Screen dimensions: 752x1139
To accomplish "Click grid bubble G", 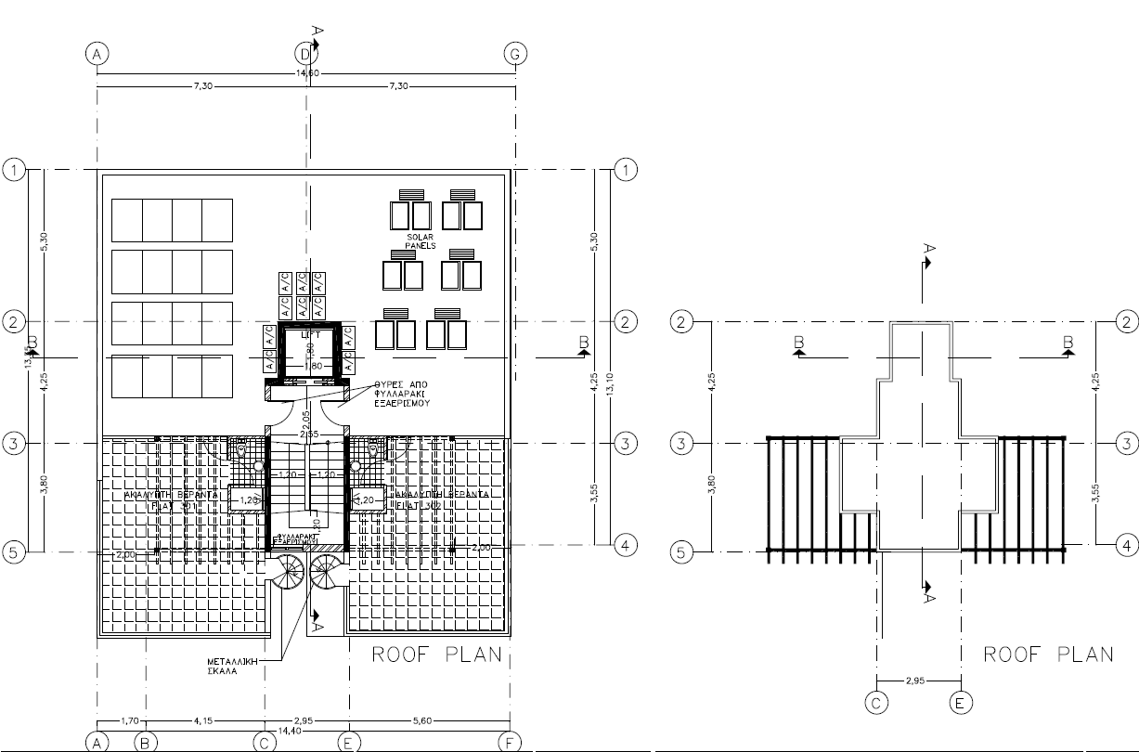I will [516, 54].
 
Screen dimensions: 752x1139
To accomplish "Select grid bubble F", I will [510, 742].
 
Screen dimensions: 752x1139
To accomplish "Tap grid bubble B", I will [144, 742].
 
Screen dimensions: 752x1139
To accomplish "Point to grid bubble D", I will [304, 54].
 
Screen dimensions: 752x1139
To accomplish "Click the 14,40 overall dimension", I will [304, 731].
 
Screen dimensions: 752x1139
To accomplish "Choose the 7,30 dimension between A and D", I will [201, 85].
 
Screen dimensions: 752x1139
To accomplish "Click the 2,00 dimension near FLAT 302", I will [481, 548].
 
